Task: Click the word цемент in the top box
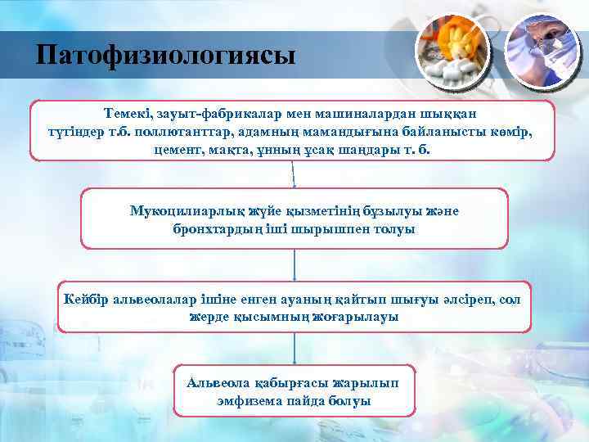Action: [176, 151]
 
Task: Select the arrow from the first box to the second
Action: [294, 174]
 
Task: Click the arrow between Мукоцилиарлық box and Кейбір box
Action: [294, 265]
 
